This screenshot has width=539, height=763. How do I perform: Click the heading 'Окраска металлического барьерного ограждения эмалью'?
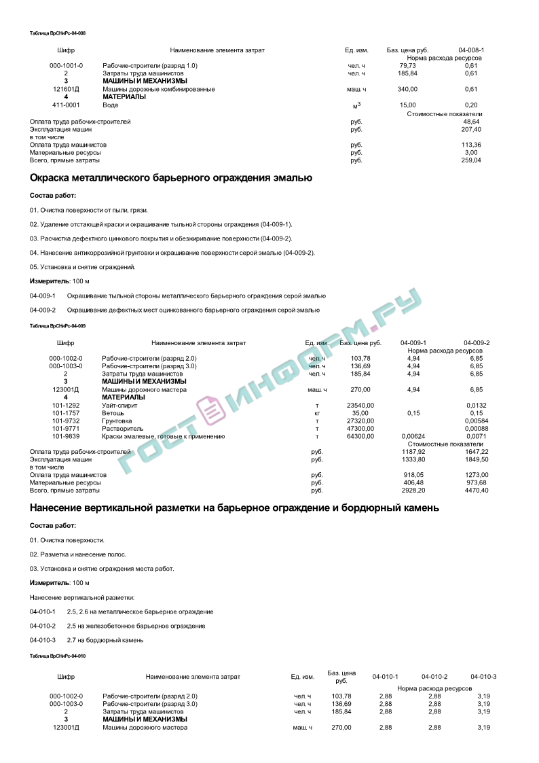point(171,178)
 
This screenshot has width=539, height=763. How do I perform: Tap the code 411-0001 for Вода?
point(66,105)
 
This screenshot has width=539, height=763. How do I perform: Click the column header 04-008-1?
point(471,51)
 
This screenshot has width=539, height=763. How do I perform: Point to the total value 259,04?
point(470,160)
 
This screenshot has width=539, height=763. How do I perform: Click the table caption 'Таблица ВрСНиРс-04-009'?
point(58,326)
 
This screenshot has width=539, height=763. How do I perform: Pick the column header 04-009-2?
point(477,343)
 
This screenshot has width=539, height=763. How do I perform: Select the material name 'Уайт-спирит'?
point(119,406)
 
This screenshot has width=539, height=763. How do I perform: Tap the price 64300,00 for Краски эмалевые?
point(360,437)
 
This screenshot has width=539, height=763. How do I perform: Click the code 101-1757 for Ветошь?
point(66,413)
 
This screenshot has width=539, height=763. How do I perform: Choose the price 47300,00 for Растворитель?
point(360,429)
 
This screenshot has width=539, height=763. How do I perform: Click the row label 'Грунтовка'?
point(117,421)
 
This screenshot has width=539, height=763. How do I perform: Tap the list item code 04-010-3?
point(42,640)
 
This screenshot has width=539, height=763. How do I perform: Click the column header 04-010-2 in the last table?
point(434,677)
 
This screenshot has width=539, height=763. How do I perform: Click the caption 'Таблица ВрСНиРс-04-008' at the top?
point(58,33)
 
